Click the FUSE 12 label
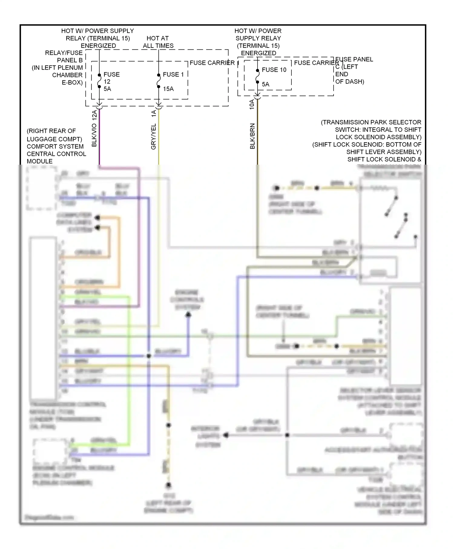[111, 78]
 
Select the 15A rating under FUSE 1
[168, 89]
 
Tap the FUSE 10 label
[274, 70]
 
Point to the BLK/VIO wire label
[94, 135]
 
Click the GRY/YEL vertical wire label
[153, 136]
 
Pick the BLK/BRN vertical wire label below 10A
[252, 136]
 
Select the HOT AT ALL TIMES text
[158, 42]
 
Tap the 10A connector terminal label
[252, 104]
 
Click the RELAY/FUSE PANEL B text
[64, 57]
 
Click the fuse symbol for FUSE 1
[159, 81]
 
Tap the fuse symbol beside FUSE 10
[257, 76]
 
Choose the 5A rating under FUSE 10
[265, 84]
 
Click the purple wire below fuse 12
[99, 136]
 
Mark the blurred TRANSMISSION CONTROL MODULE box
[43, 318]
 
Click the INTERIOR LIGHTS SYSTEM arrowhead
[226, 435]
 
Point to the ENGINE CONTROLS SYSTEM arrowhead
[188, 315]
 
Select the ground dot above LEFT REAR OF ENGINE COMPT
[169, 485]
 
